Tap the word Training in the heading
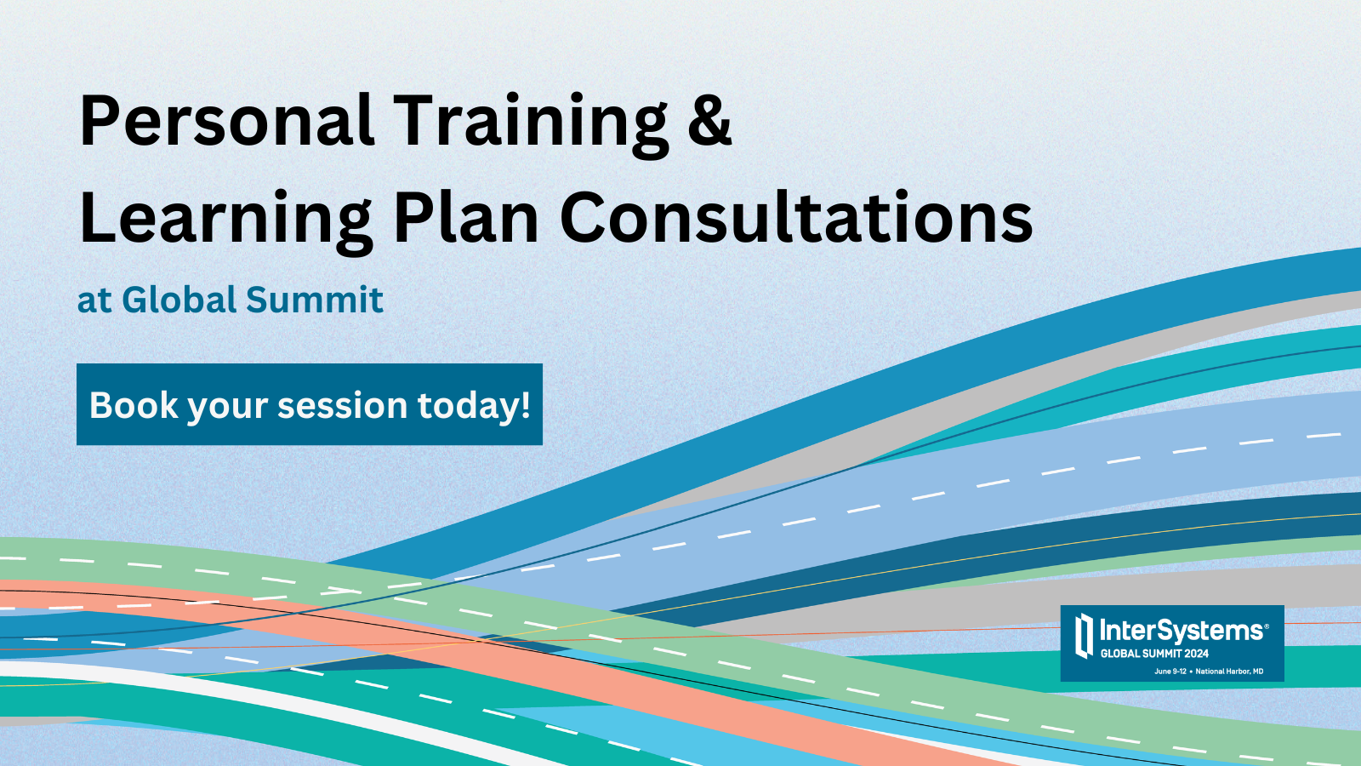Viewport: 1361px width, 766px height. (x=531, y=125)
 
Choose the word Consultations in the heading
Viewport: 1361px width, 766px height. (x=796, y=216)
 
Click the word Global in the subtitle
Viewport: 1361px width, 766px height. (x=179, y=299)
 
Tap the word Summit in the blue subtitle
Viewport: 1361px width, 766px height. (x=315, y=299)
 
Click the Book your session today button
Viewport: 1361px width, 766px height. (x=310, y=404)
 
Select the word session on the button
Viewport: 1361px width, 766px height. (x=342, y=405)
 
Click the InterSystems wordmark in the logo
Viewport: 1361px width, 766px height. (x=1181, y=631)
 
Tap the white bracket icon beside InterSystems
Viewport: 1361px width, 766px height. (x=1084, y=636)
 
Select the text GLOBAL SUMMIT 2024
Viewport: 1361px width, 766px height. (x=1154, y=655)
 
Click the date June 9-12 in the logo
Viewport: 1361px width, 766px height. (x=1170, y=672)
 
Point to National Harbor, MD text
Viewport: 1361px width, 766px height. (x=1229, y=672)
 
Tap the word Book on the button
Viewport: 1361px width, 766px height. (x=134, y=405)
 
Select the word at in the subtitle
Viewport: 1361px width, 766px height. (x=94, y=301)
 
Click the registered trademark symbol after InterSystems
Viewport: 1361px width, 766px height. (x=1267, y=625)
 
